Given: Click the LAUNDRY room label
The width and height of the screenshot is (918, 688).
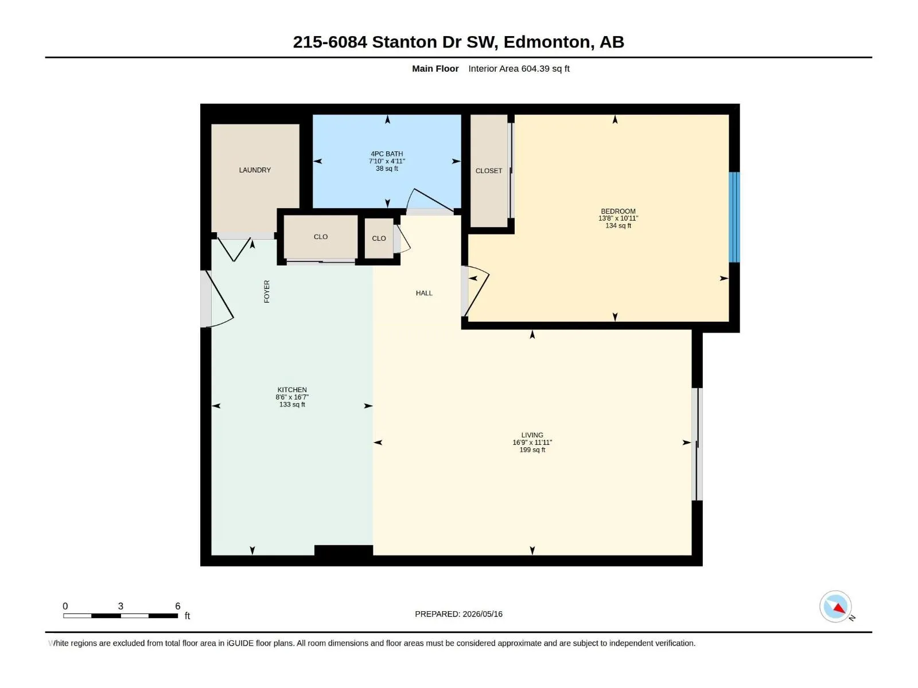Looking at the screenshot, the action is coord(255,170).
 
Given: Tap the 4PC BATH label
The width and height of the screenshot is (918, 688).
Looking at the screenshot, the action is coord(387,154).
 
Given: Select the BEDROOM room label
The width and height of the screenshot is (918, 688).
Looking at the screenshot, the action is coord(618,212).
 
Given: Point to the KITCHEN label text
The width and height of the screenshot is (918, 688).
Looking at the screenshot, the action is coord(292,390).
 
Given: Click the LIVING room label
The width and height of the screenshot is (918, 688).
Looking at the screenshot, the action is coord(532,435).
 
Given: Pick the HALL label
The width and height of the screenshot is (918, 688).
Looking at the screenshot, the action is coord(424,293).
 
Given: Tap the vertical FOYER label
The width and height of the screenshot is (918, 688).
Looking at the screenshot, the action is coord(267,292).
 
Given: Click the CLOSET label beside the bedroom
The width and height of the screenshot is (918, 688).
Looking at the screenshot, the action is coord(488,171).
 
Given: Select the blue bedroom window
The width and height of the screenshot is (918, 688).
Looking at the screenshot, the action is coord(734,217).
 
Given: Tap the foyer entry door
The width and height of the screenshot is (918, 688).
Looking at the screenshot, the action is coord(220,299).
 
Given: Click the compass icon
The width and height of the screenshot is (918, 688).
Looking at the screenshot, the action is coord(835,607).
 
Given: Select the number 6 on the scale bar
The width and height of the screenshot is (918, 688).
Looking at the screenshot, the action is coord(178,606).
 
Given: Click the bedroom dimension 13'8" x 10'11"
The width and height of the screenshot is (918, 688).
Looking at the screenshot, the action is coord(618,218).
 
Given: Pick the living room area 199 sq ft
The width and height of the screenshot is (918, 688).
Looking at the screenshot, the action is coord(532,450).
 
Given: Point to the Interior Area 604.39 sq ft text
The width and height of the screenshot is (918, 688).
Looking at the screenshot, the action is coord(519,68).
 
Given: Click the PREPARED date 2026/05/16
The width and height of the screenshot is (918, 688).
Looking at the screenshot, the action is coord(482,614).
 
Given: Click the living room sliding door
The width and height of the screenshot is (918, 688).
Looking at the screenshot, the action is coord(697,444).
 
